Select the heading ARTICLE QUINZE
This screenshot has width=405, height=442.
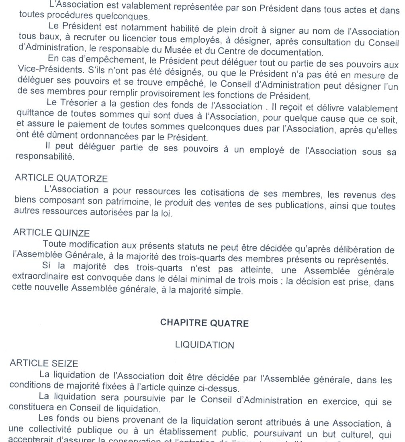tap(51, 233)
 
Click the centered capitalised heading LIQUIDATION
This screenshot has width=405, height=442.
tap(204, 345)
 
